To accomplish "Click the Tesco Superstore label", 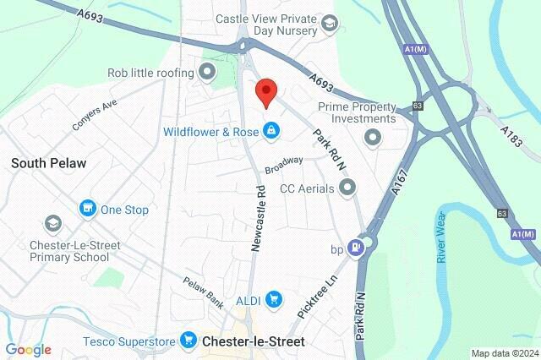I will (x=129, y=342).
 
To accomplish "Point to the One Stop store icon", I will (x=88, y=209).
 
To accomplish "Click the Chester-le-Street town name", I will (x=254, y=342).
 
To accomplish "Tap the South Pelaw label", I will (x=49, y=163).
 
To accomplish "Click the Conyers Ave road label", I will (x=94, y=117).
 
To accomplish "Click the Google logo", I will (x=28, y=349).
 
